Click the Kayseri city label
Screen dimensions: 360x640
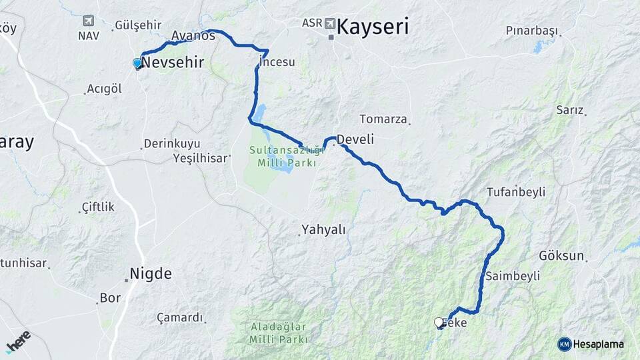(x=373, y=27)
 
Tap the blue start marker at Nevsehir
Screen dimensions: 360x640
(x=137, y=63)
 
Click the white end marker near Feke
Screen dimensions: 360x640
(x=439, y=323)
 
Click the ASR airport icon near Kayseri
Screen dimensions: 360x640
(x=331, y=23)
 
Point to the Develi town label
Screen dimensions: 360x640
(x=355, y=139)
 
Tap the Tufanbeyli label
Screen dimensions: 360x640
(x=516, y=192)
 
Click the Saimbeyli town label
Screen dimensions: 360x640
(x=513, y=275)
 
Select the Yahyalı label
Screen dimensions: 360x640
(x=323, y=230)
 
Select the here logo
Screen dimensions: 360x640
(x=19, y=341)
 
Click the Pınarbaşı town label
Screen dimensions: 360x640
(x=531, y=30)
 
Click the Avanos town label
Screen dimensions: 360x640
(x=193, y=35)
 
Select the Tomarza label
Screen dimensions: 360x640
(x=383, y=119)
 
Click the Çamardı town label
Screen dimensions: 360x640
(x=179, y=317)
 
